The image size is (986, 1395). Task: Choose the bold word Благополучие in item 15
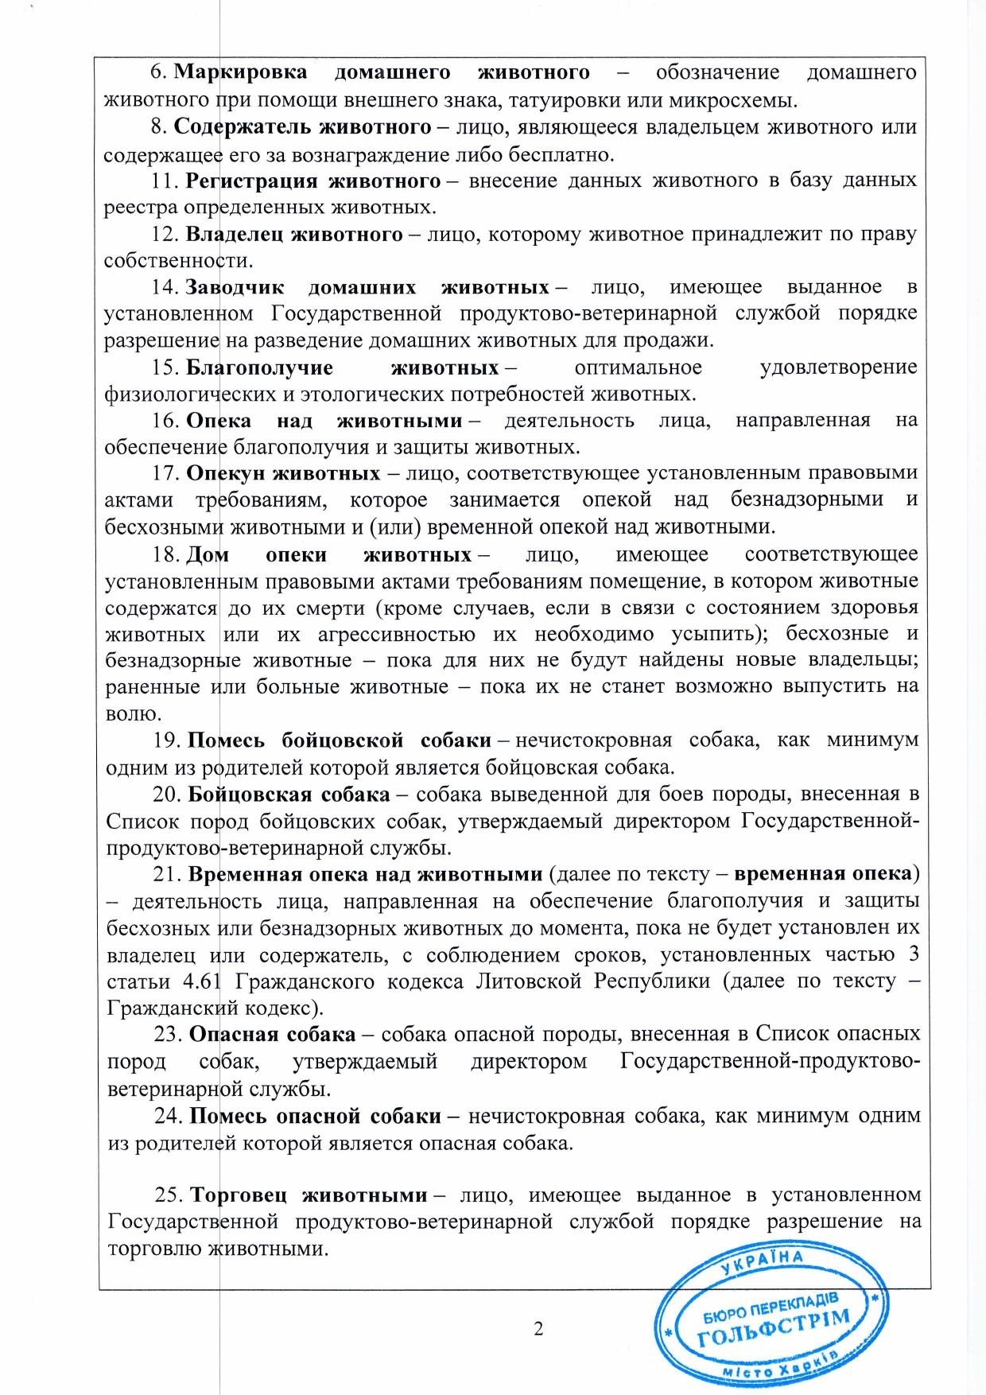click(259, 367)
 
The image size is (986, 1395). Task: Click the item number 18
click(165, 554)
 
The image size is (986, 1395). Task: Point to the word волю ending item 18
click(134, 713)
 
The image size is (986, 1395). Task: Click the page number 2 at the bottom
click(538, 1329)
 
